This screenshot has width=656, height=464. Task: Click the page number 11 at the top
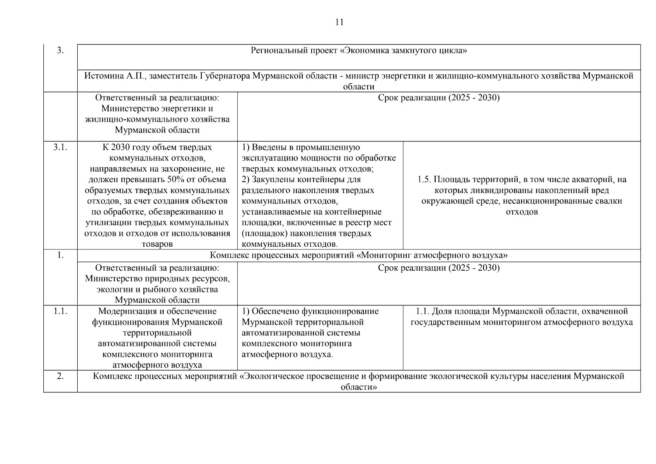(x=339, y=22)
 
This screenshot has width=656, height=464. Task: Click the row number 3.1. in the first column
(x=60, y=147)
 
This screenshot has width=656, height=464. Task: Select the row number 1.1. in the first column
(x=60, y=311)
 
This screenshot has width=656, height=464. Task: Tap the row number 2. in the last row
(x=60, y=376)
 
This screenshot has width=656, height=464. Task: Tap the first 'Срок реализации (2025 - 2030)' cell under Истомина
(x=439, y=98)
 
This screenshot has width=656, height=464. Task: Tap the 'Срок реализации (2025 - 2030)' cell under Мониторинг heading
(x=439, y=268)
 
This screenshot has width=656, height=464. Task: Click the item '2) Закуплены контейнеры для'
(x=301, y=180)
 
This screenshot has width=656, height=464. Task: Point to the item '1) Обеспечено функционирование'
(x=310, y=311)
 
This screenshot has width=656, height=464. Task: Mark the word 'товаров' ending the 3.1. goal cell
(x=157, y=244)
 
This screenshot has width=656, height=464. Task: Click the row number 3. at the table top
(x=60, y=51)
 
